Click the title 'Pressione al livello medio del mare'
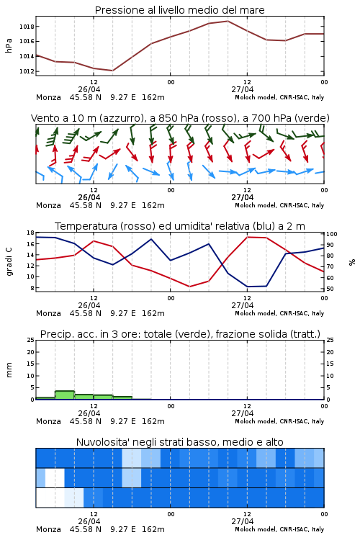coord(179,10)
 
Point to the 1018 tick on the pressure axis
coord(27,27)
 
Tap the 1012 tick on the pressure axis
coord(27,71)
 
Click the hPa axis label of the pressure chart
coord(9,45)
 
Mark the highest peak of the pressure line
coord(228,21)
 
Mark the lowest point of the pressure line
coord(112,71)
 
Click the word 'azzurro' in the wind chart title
coord(121,118)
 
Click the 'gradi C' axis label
coord(9,261)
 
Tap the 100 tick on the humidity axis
coord(332,234)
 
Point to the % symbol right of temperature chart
coord(352,262)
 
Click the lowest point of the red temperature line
coord(190,287)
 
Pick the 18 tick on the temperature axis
coord(31,233)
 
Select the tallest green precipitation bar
coord(65,395)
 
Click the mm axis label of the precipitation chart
coord(9,370)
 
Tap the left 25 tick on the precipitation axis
coord(31,340)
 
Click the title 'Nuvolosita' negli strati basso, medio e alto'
coord(179,442)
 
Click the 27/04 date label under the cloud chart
coord(242,521)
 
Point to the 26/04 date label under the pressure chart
coord(89,89)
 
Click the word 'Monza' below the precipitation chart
coord(48,421)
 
